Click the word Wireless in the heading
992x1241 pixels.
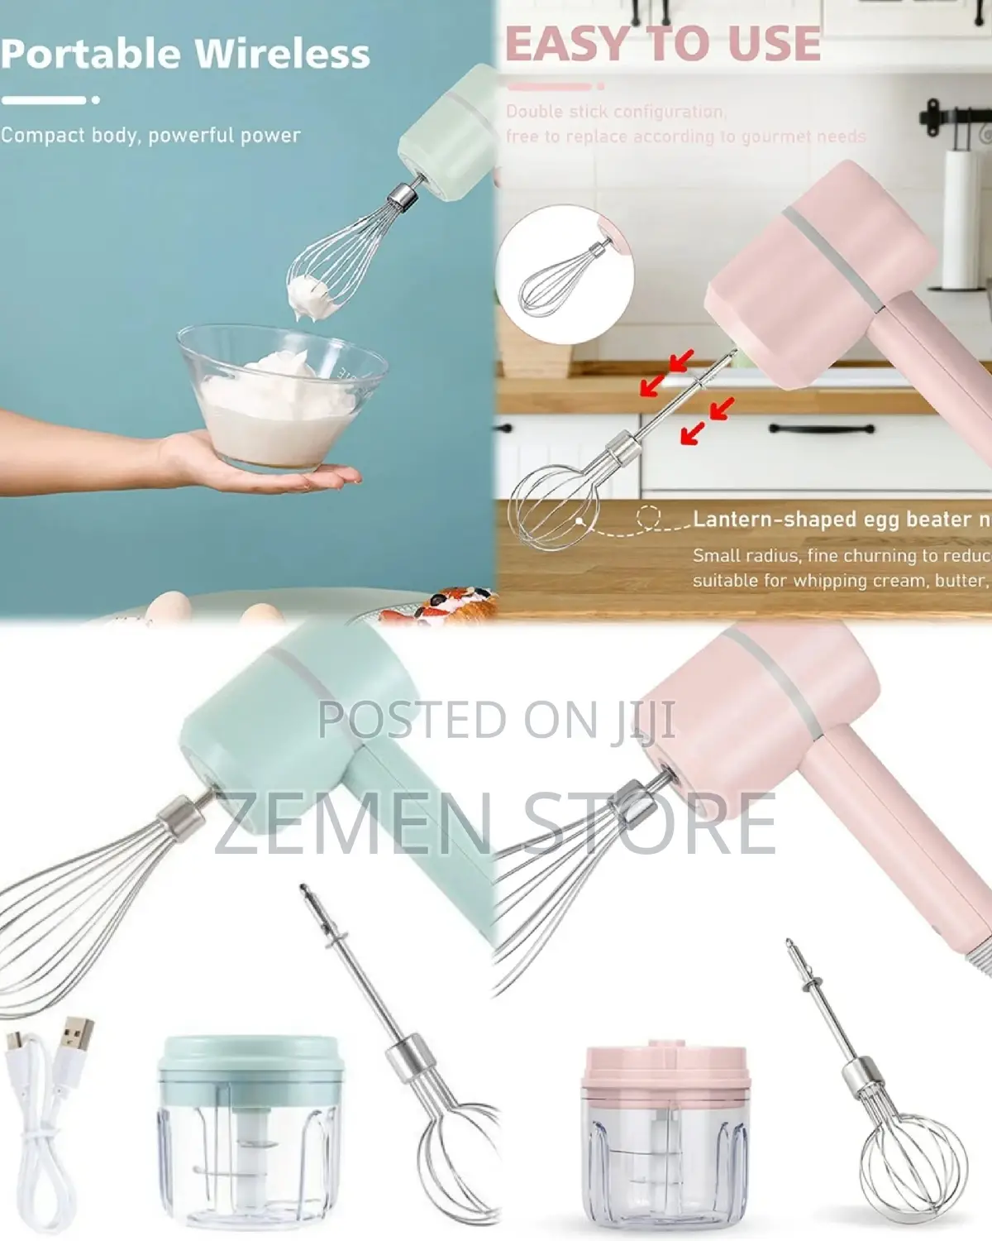282,53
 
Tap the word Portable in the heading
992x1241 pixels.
92,53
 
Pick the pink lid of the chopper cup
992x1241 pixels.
665,1067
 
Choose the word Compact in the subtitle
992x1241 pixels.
42,135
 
